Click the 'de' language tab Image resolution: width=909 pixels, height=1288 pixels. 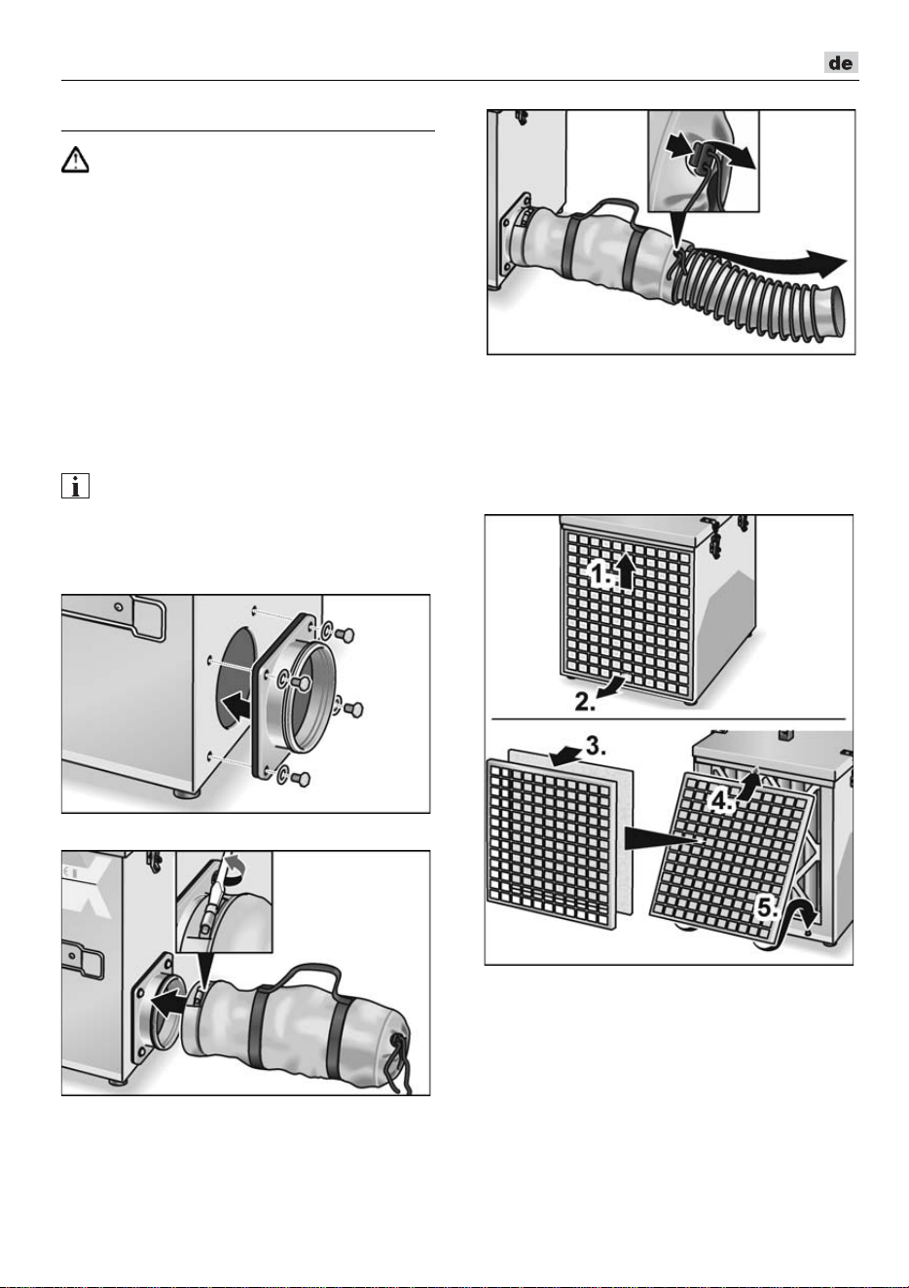point(841,62)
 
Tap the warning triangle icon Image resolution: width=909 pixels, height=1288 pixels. point(75,160)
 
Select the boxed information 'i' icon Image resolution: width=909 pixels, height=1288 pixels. point(75,486)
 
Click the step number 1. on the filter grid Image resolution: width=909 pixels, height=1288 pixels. point(601,574)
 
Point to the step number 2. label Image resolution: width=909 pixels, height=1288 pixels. point(585,702)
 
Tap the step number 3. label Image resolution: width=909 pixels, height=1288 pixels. point(595,747)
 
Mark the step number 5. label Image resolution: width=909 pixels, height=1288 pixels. point(767,908)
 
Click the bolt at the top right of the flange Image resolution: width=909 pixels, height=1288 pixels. point(344,634)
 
